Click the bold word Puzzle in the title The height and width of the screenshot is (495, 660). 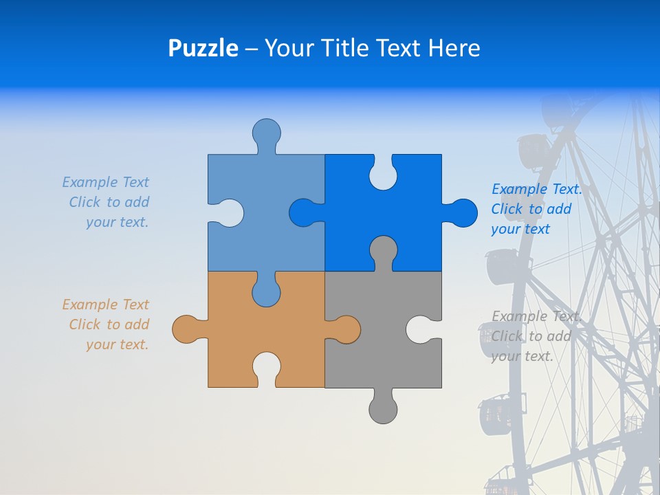point(203,48)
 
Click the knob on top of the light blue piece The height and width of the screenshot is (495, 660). point(267,133)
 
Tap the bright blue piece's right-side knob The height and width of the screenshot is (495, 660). point(461,213)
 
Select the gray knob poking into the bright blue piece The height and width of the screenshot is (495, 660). point(383,250)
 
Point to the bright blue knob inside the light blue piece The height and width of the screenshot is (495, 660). point(305,213)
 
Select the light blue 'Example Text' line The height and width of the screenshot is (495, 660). point(105,182)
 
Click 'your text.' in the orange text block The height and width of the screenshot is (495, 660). point(117,344)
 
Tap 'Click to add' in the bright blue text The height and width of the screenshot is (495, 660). point(531,209)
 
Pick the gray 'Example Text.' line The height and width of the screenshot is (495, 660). point(536,316)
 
